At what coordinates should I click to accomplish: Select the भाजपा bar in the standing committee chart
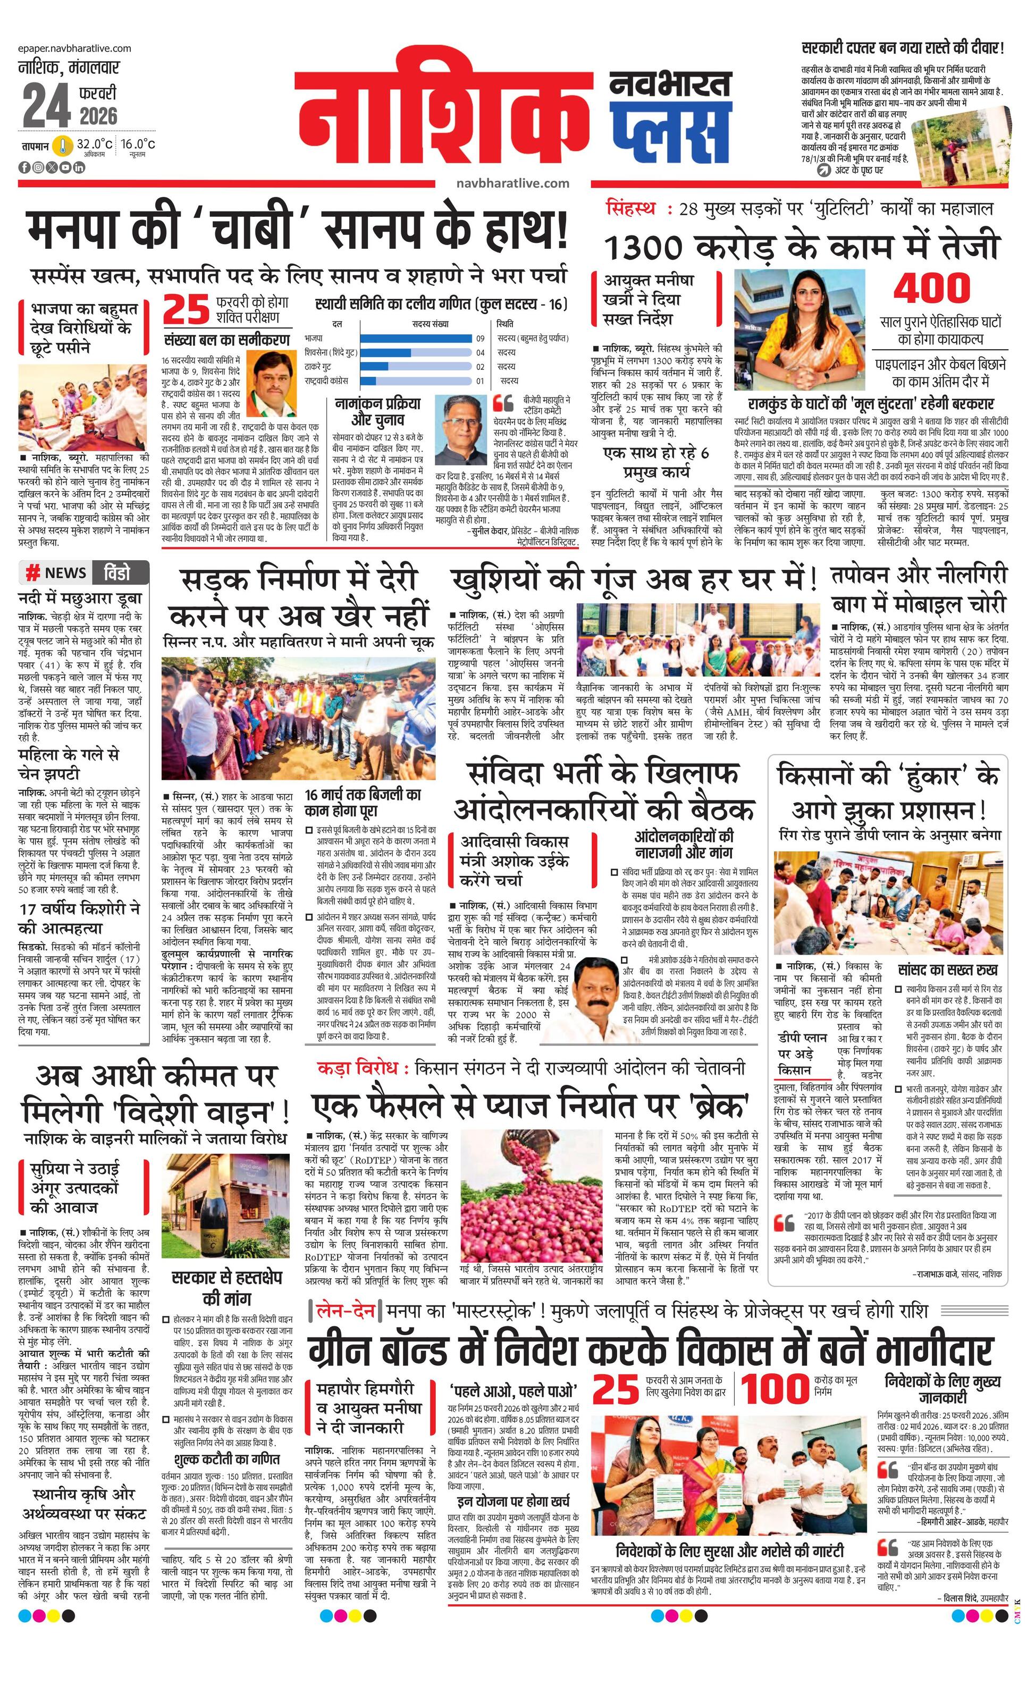[x=416, y=338]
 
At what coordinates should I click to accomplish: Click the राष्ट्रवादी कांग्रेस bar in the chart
[x=368, y=381]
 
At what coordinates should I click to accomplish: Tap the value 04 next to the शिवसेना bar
[x=481, y=352]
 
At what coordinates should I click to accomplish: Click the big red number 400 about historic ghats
[x=932, y=288]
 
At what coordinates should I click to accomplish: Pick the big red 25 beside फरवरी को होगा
[x=186, y=309]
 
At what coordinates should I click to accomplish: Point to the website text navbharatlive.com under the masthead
[x=513, y=183]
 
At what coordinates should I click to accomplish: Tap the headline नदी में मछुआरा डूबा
[x=80, y=598]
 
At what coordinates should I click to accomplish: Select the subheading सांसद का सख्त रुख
[x=948, y=970]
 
